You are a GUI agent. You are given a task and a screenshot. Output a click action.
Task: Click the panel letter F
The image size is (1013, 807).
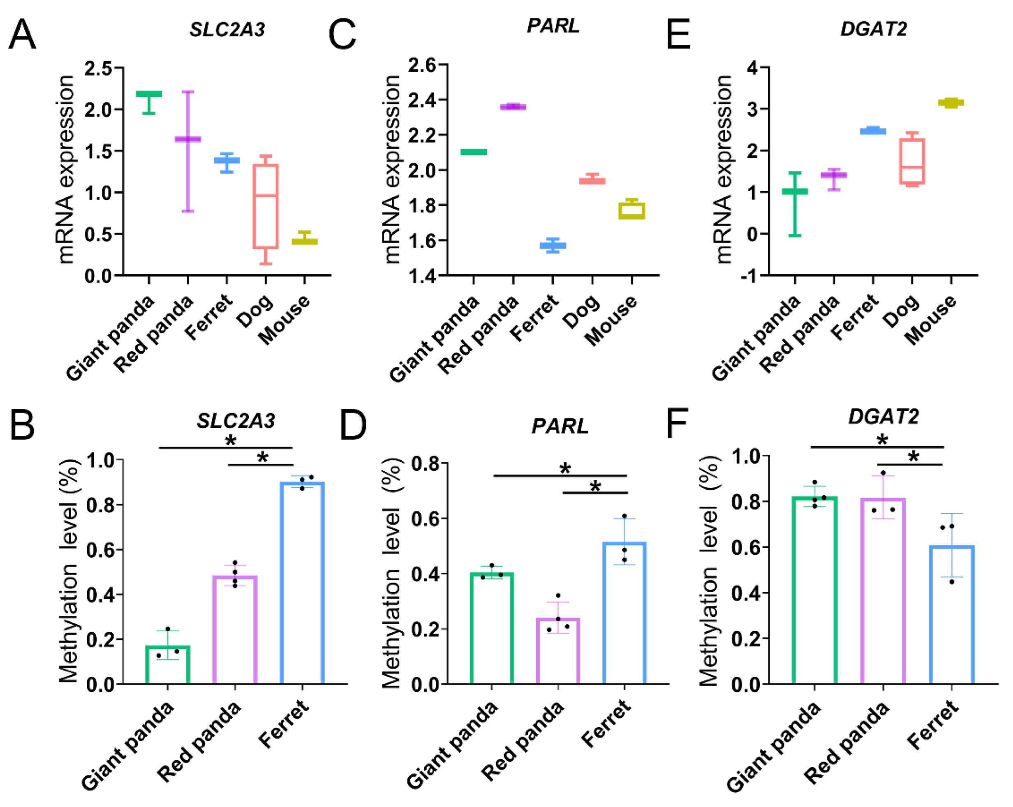677,423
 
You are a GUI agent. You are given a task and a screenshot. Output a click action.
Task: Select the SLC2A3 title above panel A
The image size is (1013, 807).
227,30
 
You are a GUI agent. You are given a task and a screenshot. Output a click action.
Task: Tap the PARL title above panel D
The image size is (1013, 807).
560,426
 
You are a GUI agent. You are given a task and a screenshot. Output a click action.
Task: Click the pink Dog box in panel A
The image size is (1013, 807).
266,206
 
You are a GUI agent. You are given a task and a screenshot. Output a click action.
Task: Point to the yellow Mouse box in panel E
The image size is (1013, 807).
951,102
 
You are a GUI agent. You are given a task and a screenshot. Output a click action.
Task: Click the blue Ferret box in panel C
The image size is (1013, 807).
553,245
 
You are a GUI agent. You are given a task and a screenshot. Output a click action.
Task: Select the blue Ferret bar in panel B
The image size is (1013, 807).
302,583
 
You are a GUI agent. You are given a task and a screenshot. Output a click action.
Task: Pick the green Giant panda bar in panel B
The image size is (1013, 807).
168,665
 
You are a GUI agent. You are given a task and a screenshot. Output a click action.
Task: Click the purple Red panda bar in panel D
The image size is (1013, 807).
558,650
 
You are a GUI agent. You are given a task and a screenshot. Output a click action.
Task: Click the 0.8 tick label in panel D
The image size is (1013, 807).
425,463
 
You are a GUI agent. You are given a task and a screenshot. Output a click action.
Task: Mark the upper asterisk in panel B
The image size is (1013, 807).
230,440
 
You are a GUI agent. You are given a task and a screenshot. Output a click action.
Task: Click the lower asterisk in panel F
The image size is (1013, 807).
914,456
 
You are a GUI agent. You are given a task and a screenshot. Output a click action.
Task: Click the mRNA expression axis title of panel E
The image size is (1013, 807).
724,169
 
